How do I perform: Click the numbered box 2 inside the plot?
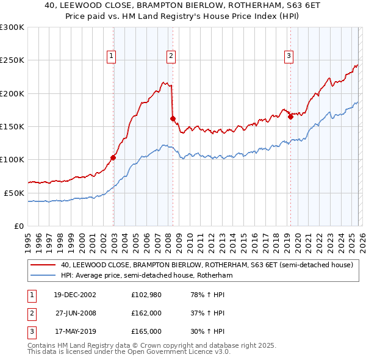171,56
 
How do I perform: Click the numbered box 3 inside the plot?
289,56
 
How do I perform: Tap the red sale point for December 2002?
113,157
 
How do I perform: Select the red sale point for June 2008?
173,118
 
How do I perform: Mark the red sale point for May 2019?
290,117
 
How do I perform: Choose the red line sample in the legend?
44,265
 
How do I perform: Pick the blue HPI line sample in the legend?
44,276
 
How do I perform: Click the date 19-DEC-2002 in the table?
75,295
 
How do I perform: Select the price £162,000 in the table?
146,313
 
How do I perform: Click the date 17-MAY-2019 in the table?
75,331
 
